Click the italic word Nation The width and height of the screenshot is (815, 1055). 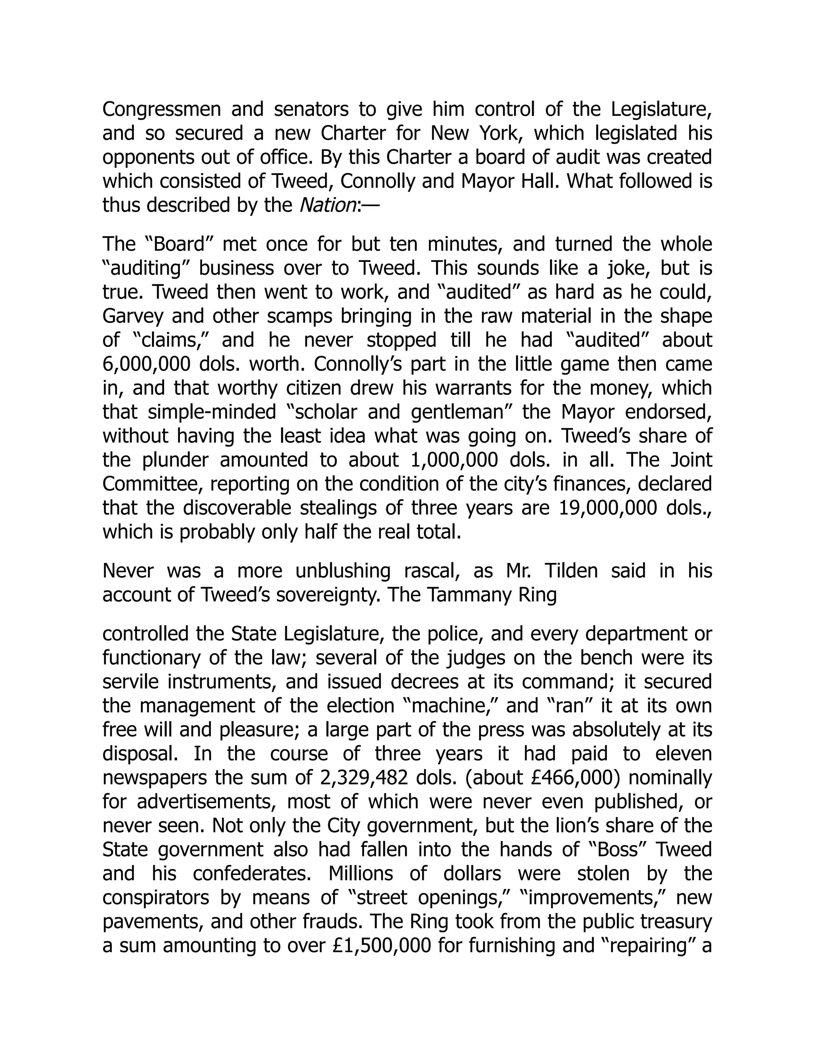[x=328, y=205]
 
